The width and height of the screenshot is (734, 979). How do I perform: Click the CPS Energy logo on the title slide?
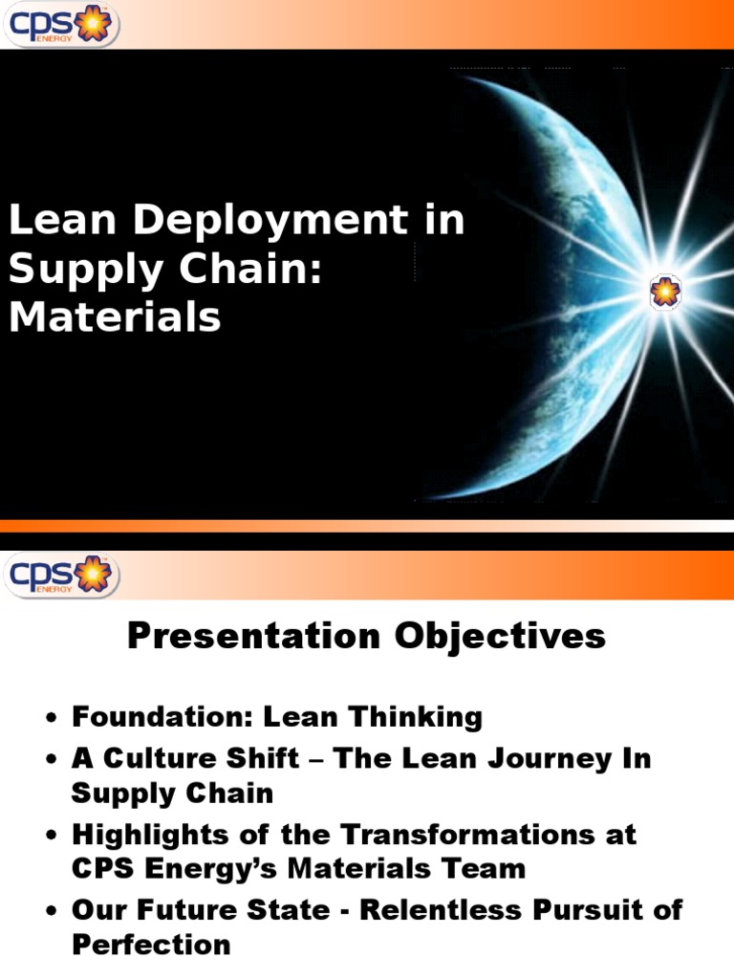[x=58, y=25]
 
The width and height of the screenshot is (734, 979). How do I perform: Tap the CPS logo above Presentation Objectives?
[x=58, y=576]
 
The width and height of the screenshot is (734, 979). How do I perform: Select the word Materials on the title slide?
[x=115, y=316]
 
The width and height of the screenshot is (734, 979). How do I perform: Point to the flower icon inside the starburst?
[x=664, y=292]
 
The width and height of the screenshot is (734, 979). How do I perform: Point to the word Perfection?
[x=151, y=945]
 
